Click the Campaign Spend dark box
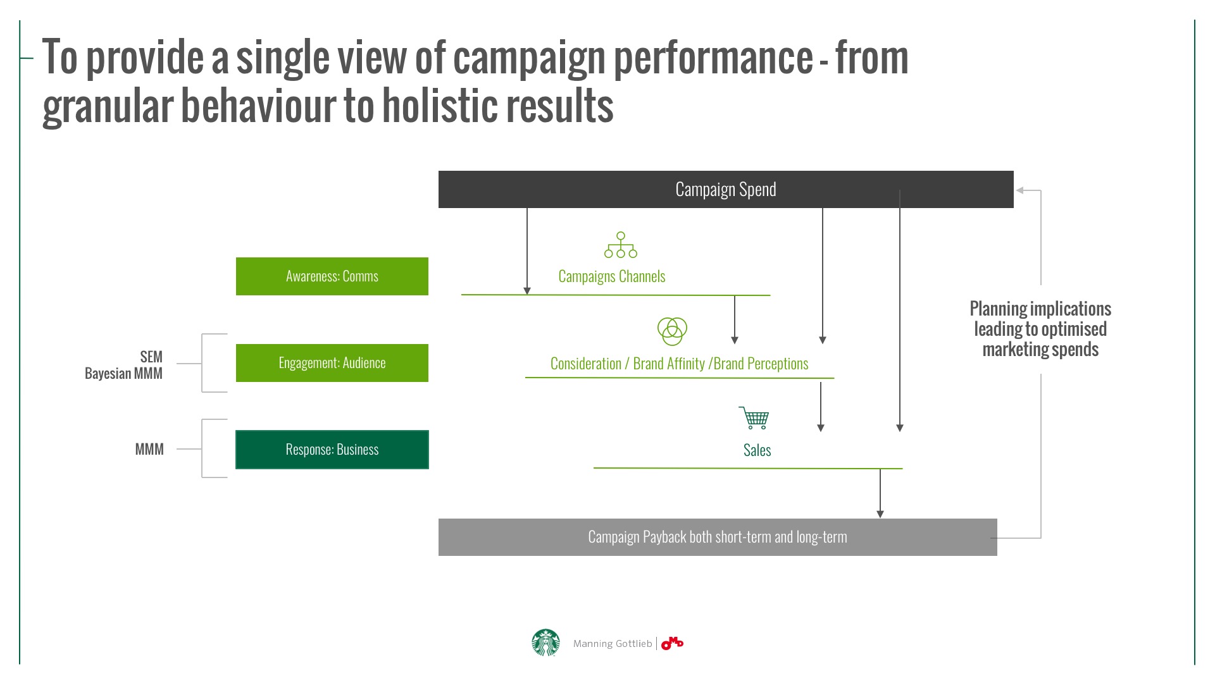point(725,189)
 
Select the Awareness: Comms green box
point(332,276)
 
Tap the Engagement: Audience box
point(332,363)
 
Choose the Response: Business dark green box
point(332,450)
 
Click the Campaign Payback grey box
point(717,537)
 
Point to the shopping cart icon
point(754,418)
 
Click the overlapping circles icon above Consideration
point(672,331)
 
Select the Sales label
point(757,450)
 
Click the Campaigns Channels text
point(611,276)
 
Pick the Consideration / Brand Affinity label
point(679,364)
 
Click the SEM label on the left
point(151,357)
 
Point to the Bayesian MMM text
point(123,374)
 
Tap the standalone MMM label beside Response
point(149,450)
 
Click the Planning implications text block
point(1040,329)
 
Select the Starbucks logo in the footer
point(545,643)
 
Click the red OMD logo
point(672,643)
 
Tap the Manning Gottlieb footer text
point(612,644)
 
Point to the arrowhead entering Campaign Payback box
point(880,514)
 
